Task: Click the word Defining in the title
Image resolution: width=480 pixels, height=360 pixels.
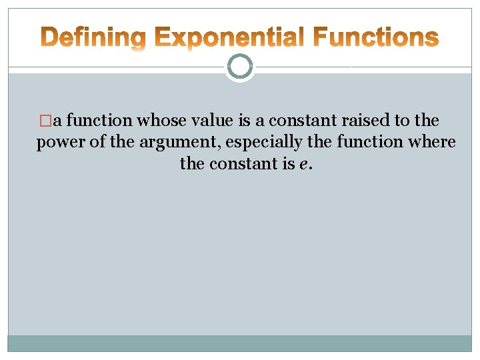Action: click(93, 38)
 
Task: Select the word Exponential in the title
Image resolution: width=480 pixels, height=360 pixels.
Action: click(229, 38)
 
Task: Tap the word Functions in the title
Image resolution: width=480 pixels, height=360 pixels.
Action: click(375, 38)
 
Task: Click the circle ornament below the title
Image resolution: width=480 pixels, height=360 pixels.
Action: click(240, 67)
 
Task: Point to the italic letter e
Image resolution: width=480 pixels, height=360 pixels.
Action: click(305, 164)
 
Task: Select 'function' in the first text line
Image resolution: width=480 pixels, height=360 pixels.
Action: click(100, 121)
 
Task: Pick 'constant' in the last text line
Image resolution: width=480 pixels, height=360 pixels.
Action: click(245, 163)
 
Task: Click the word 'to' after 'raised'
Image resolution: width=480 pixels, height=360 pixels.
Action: click(403, 121)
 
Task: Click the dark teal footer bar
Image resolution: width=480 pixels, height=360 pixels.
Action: click(240, 343)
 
